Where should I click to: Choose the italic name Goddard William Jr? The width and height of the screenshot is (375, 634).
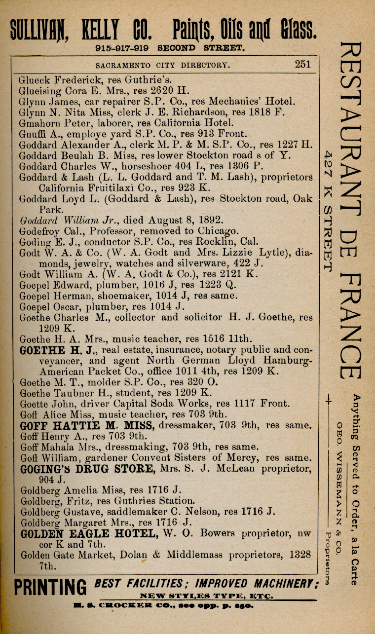click(65, 221)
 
